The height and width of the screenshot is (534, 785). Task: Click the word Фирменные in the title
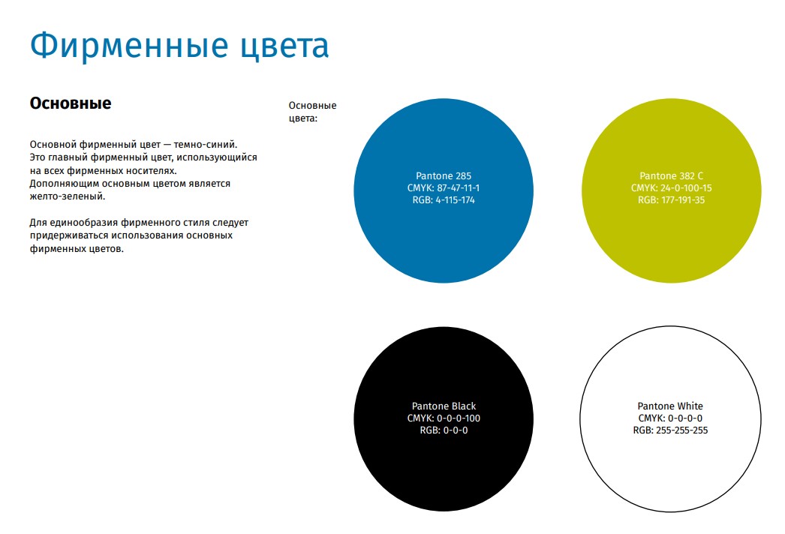click(x=129, y=46)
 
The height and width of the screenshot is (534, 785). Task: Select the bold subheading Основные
click(x=71, y=103)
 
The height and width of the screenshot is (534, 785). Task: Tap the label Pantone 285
click(x=444, y=175)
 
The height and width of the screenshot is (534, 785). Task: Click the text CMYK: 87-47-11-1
click(x=444, y=187)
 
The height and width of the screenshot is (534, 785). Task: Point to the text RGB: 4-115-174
click(x=444, y=199)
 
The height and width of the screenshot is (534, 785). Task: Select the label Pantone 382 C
click(x=672, y=175)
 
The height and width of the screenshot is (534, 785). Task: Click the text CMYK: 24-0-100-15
click(x=672, y=187)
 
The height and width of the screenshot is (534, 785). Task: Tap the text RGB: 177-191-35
click(x=672, y=199)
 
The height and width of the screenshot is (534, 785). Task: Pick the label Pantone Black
click(x=444, y=406)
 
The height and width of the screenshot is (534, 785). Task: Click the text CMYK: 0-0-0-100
click(x=444, y=418)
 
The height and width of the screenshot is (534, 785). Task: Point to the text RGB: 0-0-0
click(x=444, y=430)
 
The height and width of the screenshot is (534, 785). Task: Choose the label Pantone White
click(x=670, y=406)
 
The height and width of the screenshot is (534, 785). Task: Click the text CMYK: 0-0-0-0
click(x=670, y=418)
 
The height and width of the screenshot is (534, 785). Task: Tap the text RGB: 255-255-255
click(x=670, y=430)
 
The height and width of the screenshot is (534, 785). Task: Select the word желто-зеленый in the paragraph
click(x=68, y=196)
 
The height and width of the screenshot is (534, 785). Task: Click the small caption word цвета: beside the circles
click(x=303, y=118)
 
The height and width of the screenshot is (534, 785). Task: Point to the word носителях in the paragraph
click(x=151, y=171)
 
